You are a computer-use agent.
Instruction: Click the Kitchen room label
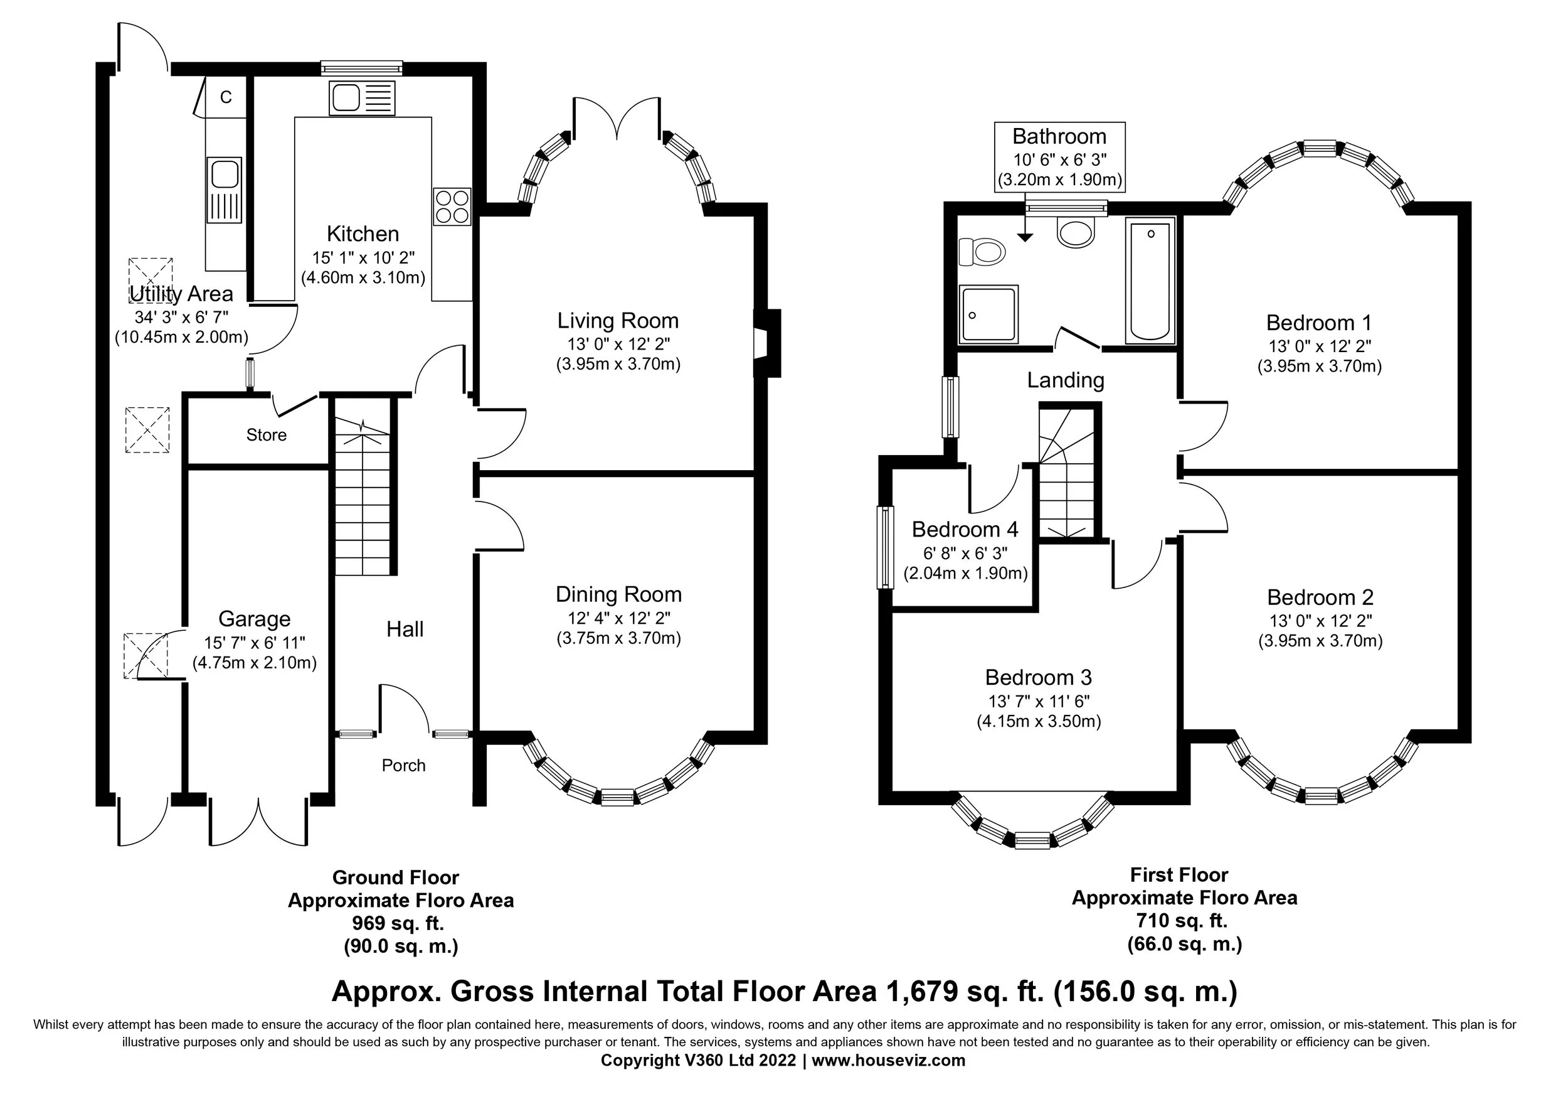[x=363, y=234]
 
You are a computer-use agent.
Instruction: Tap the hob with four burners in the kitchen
[x=452, y=206]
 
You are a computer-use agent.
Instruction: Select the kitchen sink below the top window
[x=362, y=99]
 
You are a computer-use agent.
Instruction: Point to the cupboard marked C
[x=225, y=98]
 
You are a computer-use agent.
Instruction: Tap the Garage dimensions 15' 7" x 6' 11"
[x=255, y=642]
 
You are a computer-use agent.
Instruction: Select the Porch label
[x=403, y=765]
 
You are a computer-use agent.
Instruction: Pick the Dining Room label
[x=618, y=594]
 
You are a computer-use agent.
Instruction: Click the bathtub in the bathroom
[x=1150, y=280]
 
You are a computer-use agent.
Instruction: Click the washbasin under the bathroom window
[x=1076, y=231]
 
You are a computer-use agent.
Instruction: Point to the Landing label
[x=1066, y=380]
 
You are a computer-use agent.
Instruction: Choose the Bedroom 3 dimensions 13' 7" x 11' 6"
[x=1038, y=701]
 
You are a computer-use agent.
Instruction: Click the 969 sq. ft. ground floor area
[x=398, y=923]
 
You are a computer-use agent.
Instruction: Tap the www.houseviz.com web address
[x=888, y=1061]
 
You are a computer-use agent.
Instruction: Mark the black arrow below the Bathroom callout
[x=1024, y=236]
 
